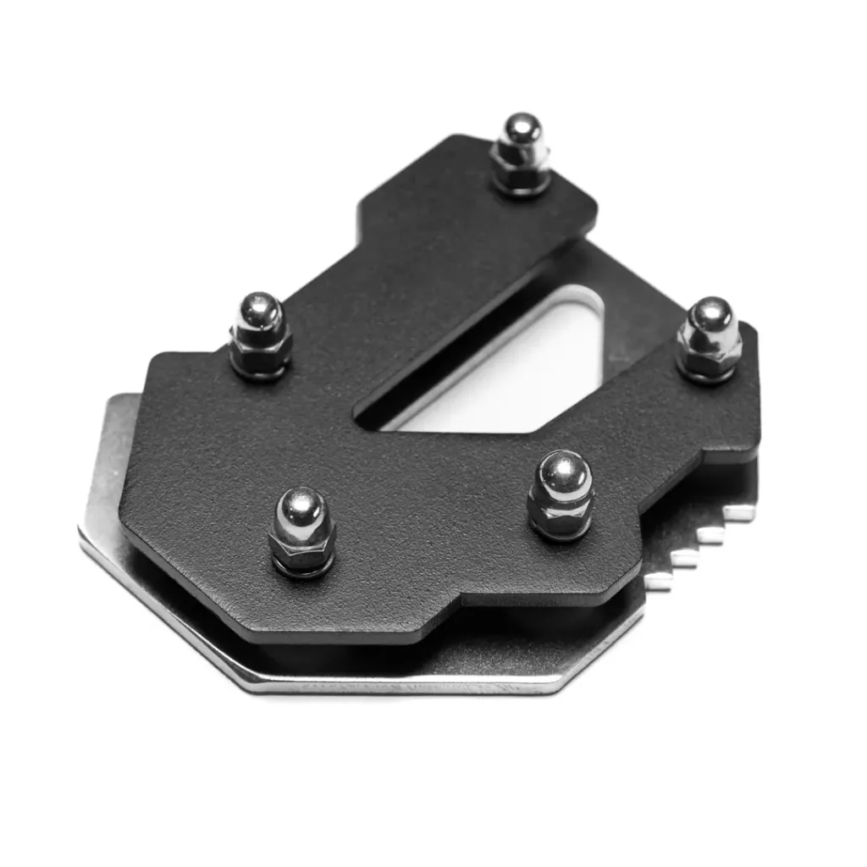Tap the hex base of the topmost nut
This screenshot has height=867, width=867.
point(521,174)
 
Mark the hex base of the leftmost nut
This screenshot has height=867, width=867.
point(260,354)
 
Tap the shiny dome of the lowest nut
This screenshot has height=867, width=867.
point(302,508)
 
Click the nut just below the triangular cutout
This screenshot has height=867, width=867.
point(560,495)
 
